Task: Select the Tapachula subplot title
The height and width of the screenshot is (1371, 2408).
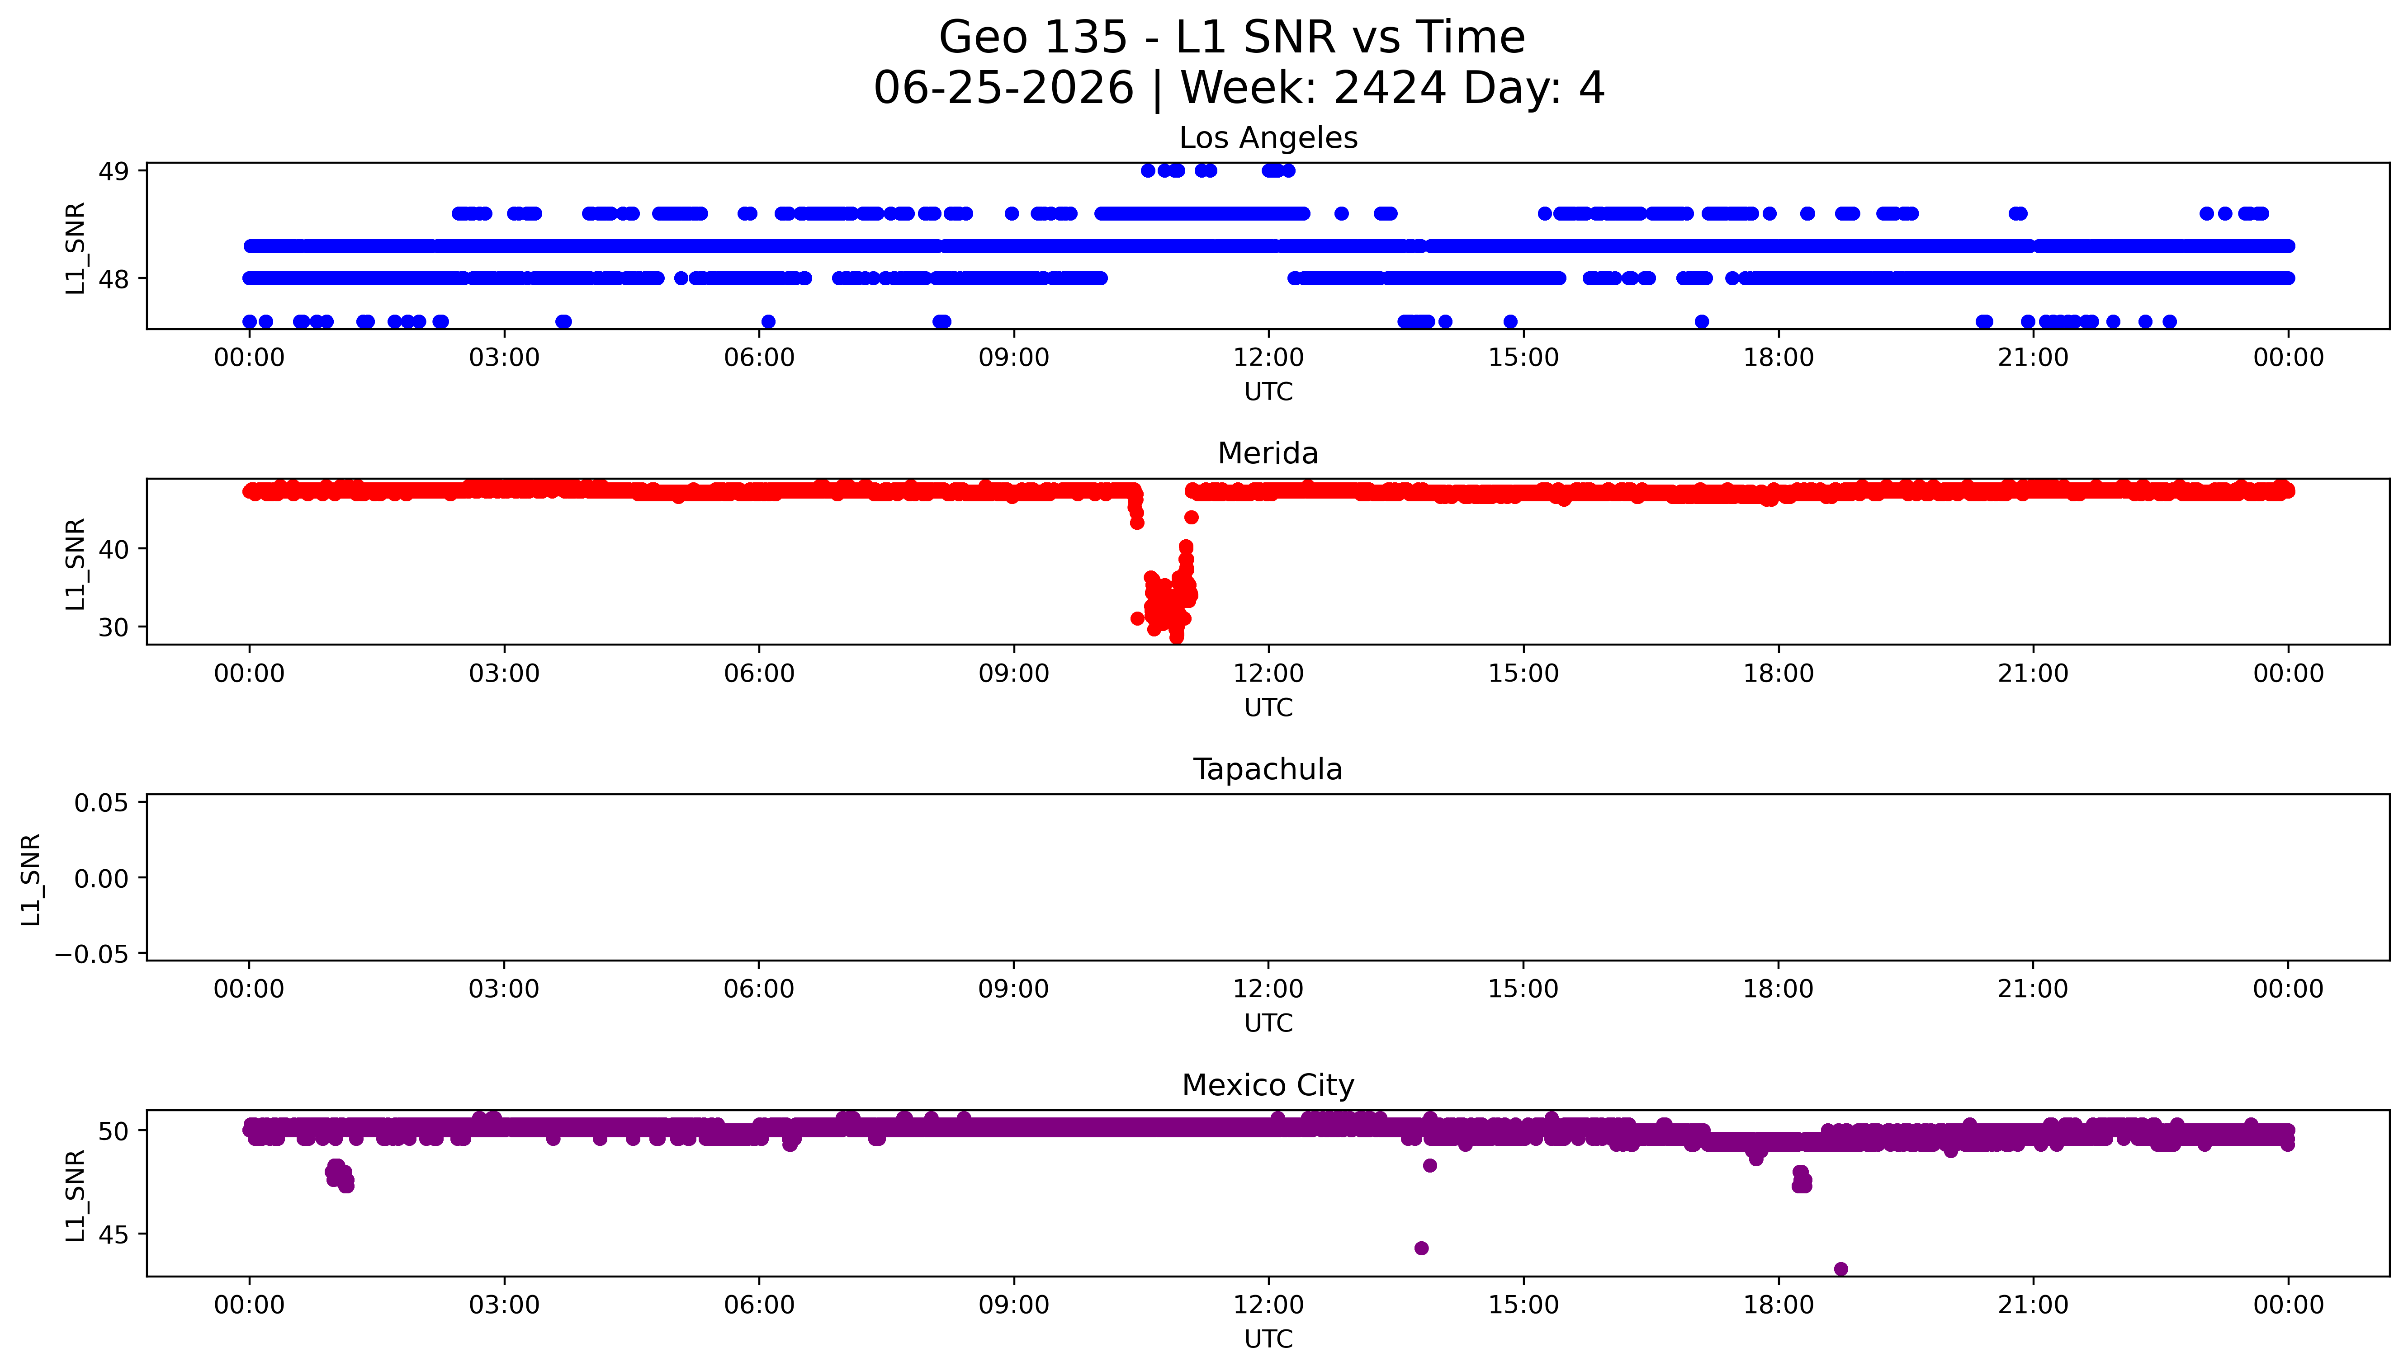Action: tap(1268, 769)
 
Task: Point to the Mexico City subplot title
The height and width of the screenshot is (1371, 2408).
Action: tap(1268, 1086)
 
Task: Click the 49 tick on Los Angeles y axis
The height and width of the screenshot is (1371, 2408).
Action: tap(114, 171)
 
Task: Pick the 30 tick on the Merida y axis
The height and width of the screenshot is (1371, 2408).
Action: tap(114, 627)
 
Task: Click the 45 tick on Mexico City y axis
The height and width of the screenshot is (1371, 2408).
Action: tap(114, 1234)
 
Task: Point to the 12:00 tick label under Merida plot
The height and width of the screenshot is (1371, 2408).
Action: tap(1268, 673)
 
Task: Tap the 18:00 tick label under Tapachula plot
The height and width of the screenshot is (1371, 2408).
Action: tap(1778, 989)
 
